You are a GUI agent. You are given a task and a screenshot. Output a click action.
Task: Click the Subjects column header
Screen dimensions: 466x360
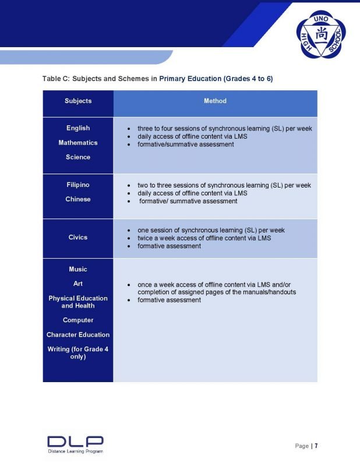[x=78, y=101]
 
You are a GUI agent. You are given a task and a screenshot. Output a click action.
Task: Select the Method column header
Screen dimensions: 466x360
[x=215, y=101]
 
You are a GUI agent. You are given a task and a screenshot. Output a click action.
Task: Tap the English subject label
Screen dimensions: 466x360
[x=78, y=128]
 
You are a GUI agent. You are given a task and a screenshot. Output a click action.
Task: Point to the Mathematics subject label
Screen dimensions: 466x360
[x=78, y=143]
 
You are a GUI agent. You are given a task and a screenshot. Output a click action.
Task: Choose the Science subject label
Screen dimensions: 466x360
[x=78, y=157]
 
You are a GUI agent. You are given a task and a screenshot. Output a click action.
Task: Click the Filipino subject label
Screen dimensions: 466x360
[x=78, y=185]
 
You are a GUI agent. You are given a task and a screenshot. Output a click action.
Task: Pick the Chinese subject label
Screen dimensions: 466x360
[x=78, y=199]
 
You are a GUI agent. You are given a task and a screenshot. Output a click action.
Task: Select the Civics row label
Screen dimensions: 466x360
[x=78, y=237]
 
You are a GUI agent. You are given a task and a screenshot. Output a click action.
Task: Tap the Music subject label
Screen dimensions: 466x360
[x=78, y=269]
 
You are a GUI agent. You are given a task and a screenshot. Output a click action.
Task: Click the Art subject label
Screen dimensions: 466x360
[x=78, y=284]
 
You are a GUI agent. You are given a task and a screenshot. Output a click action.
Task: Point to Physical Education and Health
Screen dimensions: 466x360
[x=78, y=302]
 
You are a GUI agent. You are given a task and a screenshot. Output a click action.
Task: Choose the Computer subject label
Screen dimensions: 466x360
[x=78, y=320]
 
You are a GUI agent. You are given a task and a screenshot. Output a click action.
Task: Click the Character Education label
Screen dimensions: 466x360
[x=78, y=334]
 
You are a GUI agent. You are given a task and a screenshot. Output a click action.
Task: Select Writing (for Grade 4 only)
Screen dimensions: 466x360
[x=78, y=352]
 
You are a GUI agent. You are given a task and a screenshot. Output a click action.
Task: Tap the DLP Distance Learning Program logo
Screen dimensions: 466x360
[x=75, y=444]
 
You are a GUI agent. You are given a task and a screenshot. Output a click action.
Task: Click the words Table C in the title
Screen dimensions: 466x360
[x=55, y=78]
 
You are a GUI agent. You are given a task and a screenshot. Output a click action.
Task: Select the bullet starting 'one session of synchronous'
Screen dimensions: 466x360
[x=211, y=230]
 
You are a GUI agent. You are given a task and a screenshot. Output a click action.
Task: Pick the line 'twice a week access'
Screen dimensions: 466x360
[x=204, y=238]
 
